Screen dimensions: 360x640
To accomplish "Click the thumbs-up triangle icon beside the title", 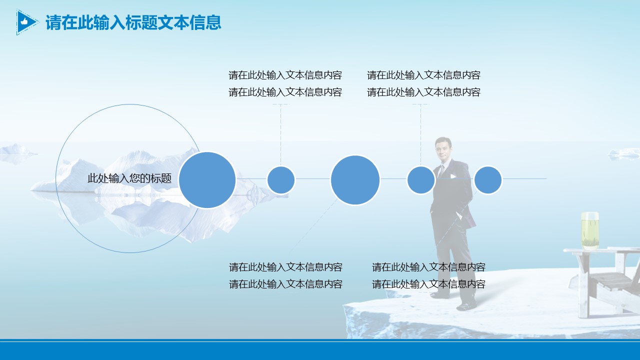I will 25,22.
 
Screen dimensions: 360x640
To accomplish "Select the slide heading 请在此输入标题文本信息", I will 133,22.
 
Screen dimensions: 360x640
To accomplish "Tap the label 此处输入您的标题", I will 129,178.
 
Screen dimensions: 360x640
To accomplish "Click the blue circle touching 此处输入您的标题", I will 207,180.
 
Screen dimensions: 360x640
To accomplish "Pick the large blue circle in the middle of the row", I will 355,180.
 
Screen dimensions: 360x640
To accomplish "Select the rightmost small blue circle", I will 487,180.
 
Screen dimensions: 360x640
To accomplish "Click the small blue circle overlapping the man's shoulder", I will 420,180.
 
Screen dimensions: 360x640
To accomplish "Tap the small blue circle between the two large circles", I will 281,180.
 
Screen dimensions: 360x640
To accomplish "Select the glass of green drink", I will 589,230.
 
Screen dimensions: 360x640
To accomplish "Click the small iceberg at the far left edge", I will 15,152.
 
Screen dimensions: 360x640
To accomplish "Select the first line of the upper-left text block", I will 285,75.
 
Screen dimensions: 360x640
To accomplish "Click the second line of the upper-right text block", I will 423,92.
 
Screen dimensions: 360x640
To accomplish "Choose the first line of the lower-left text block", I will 285,267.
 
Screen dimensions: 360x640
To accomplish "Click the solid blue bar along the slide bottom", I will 320,350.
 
